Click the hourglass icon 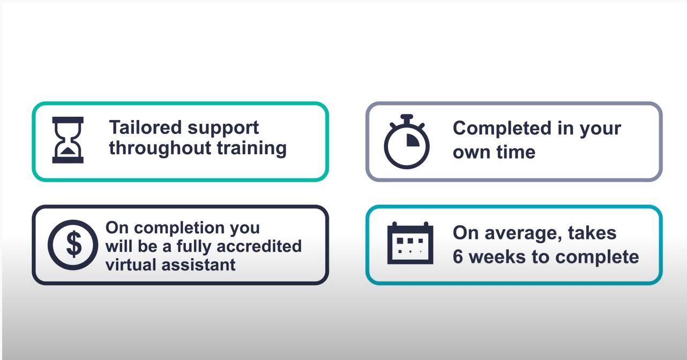[68, 140]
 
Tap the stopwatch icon [407, 142]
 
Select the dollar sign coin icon [73, 244]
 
